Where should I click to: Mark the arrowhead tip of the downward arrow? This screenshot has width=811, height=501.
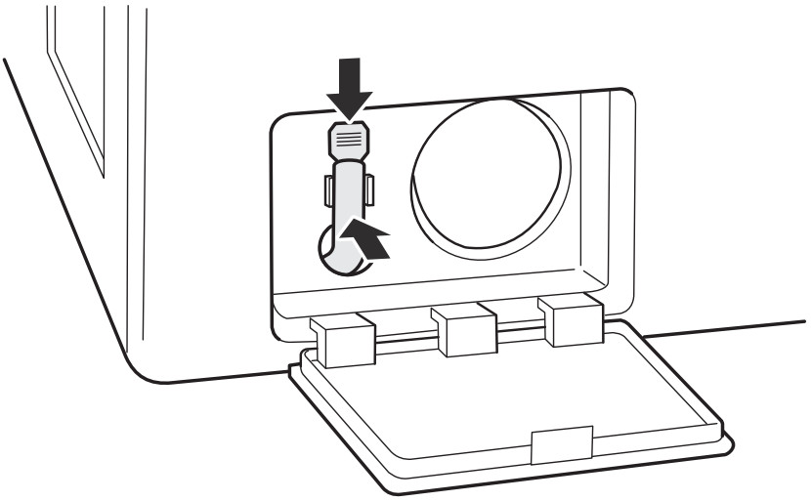click(349, 116)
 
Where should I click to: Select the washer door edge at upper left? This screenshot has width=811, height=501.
click(73, 88)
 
